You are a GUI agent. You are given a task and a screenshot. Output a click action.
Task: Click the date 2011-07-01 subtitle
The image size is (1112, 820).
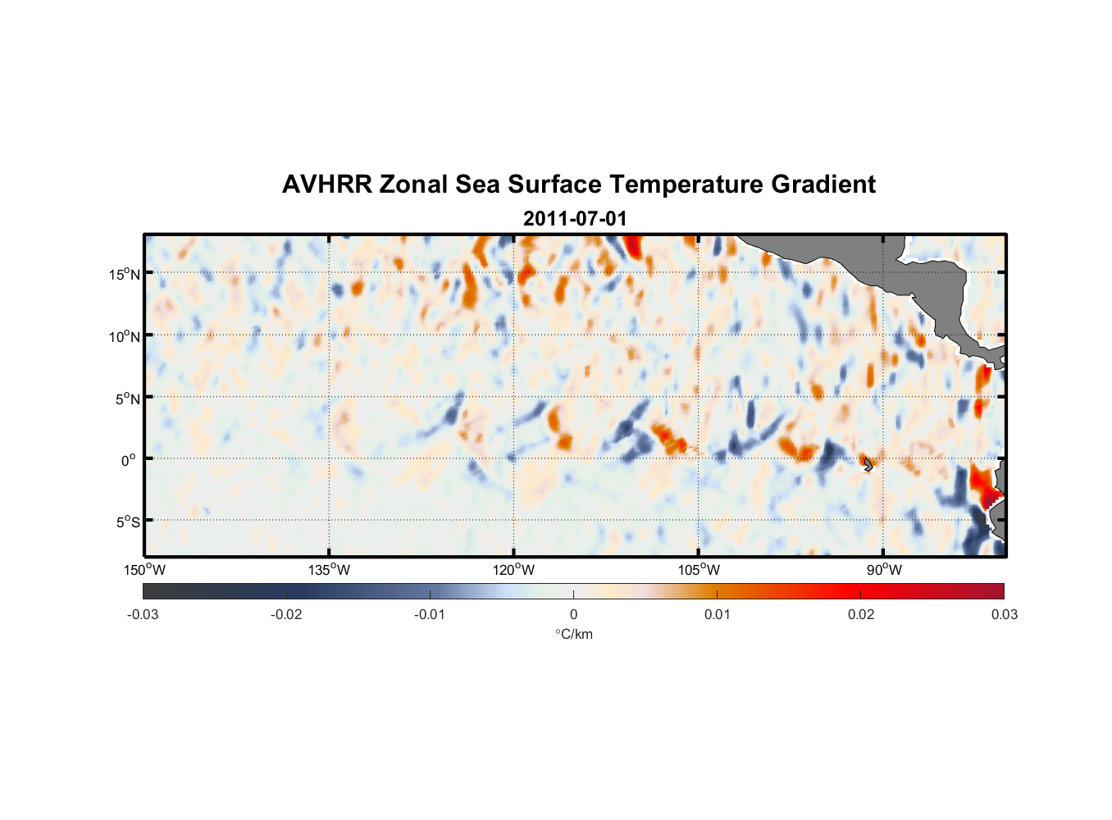[x=574, y=219]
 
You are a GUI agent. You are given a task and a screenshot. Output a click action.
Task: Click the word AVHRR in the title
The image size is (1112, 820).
[x=326, y=184]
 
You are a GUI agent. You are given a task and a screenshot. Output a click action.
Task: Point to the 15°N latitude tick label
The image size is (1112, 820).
[x=125, y=274]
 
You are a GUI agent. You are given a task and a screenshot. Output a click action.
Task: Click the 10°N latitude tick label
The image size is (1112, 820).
[x=125, y=336]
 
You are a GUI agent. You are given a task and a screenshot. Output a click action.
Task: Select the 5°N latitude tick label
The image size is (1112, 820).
[x=127, y=399]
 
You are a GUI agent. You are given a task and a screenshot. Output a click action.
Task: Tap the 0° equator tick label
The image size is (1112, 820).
[x=129, y=460]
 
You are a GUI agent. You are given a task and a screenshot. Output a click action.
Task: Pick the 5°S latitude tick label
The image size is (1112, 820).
[x=127, y=522]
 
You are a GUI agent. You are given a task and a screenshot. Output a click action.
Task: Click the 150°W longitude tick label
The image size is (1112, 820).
[x=145, y=570]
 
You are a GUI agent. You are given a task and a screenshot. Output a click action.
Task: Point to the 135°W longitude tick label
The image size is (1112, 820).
[x=330, y=570]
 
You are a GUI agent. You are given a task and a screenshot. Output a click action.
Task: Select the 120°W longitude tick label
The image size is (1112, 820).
[x=514, y=570]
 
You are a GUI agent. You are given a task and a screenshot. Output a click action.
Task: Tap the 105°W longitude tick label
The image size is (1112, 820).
[x=699, y=570]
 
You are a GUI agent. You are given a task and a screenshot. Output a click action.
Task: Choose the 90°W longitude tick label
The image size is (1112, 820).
[x=884, y=570]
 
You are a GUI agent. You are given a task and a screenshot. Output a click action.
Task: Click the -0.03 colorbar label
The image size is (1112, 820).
[x=143, y=614]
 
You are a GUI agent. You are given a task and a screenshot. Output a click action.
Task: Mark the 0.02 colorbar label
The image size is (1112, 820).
[x=861, y=614]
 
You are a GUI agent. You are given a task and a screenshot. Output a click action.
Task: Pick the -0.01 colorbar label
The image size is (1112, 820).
[x=430, y=614]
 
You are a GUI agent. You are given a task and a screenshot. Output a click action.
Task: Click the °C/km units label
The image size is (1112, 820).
[x=573, y=634]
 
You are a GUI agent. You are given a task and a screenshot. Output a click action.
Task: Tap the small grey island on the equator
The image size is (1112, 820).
[x=868, y=465]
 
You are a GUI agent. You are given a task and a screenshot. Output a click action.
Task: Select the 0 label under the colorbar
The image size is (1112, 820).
[x=573, y=614]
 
